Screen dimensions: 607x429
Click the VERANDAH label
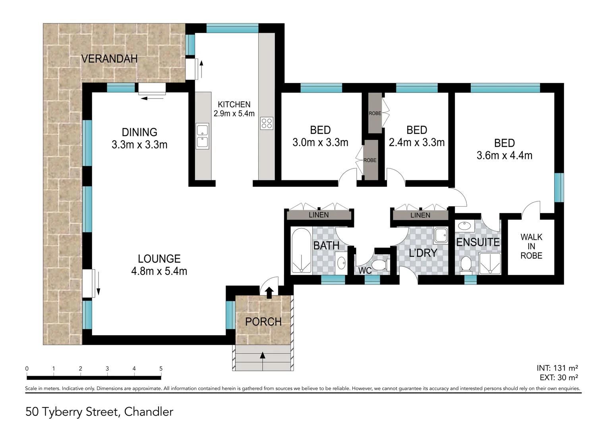pos(109,59)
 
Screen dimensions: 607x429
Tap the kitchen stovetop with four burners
pos(267,123)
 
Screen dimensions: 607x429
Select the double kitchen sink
pos(203,136)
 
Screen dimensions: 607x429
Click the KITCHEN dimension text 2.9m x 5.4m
pos(234,113)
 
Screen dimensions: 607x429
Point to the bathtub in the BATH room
pos(301,250)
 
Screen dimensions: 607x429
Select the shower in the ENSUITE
pos(490,263)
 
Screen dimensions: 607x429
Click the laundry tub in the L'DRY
pos(441,236)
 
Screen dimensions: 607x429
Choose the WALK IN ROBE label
pos(531,246)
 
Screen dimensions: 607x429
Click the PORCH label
pos(263,322)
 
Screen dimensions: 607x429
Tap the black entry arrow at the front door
pos(269,293)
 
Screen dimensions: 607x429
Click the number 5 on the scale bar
pos(161,369)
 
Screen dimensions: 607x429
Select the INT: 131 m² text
pos(557,368)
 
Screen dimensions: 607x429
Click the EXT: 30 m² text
pos(559,377)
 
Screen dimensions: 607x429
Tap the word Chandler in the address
pos(149,412)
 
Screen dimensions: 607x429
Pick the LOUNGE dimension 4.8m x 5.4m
pos(159,271)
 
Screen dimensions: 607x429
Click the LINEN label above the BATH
pos(319,215)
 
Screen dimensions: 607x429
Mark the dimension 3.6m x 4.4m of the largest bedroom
pos(504,156)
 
